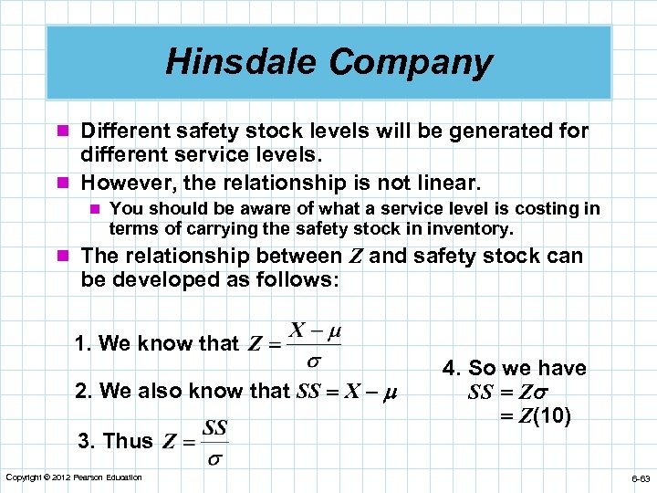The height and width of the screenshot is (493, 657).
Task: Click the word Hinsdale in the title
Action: pyautogui.click(x=242, y=62)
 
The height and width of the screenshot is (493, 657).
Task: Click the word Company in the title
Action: pyautogui.click(x=411, y=63)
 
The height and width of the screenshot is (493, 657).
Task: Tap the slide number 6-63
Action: pyautogui.click(x=640, y=478)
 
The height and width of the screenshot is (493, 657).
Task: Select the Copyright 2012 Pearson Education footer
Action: pyautogui.click(x=74, y=477)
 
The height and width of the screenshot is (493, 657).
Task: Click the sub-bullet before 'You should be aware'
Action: pyautogui.click(x=94, y=209)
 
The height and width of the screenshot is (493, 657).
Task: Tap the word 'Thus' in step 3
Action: pyautogui.click(x=128, y=441)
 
